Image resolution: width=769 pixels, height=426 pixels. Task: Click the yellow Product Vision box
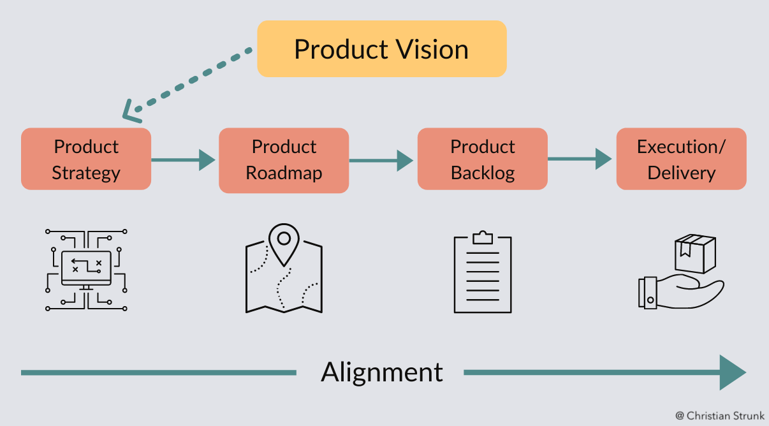click(381, 49)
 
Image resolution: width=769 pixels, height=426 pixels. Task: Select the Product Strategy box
click(86, 159)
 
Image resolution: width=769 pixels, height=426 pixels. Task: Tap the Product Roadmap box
click(284, 160)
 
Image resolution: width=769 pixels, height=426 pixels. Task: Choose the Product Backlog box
click(483, 159)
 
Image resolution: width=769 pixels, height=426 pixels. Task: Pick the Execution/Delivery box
click(681, 159)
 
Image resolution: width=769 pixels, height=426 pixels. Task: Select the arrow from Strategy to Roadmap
click(184, 159)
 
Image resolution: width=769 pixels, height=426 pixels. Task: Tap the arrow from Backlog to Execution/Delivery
click(581, 159)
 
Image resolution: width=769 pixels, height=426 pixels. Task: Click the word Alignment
click(381, 372)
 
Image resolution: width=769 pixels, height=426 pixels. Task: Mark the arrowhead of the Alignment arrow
click(733, 372)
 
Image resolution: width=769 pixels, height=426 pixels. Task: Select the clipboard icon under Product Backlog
click(483, 274)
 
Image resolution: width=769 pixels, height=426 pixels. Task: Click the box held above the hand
click(695, 253)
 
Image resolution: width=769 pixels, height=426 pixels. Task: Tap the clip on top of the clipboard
click(483, 238)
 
